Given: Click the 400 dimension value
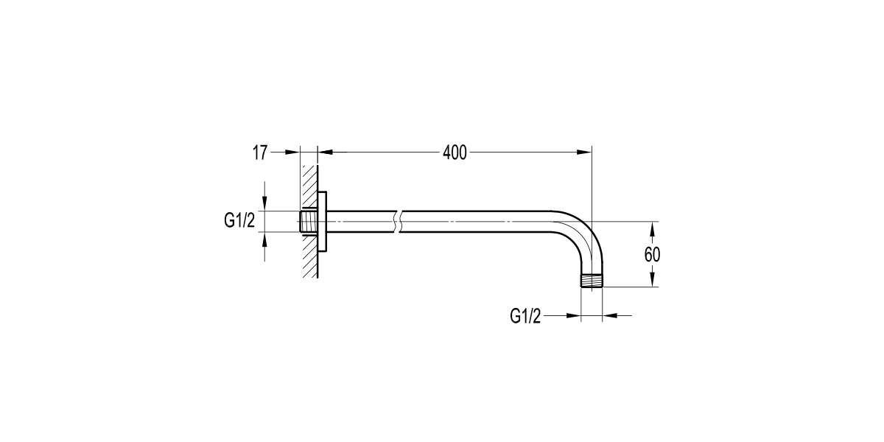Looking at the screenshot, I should [x=455, y=152].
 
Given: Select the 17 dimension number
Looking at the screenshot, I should [x=259, y=152].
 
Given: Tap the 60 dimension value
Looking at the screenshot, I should [x=652, y=254].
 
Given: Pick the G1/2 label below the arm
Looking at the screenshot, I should [x=525, y=316].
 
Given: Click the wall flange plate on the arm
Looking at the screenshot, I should [x=323, y=222].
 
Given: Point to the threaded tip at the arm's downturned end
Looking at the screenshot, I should [x=592, y=281].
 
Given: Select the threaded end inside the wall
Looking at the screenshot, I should [x=309, y=222].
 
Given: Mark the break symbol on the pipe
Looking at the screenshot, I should [x=397, y=222].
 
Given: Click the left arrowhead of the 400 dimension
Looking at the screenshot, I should [x=325, y=152].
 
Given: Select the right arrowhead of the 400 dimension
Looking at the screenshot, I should [x=585, y=152].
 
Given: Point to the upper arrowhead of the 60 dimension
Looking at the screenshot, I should [x=652, y=226].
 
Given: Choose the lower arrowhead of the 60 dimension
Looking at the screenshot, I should [x=652, y=281].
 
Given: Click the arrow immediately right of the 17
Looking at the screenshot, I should [x=293, y=152].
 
